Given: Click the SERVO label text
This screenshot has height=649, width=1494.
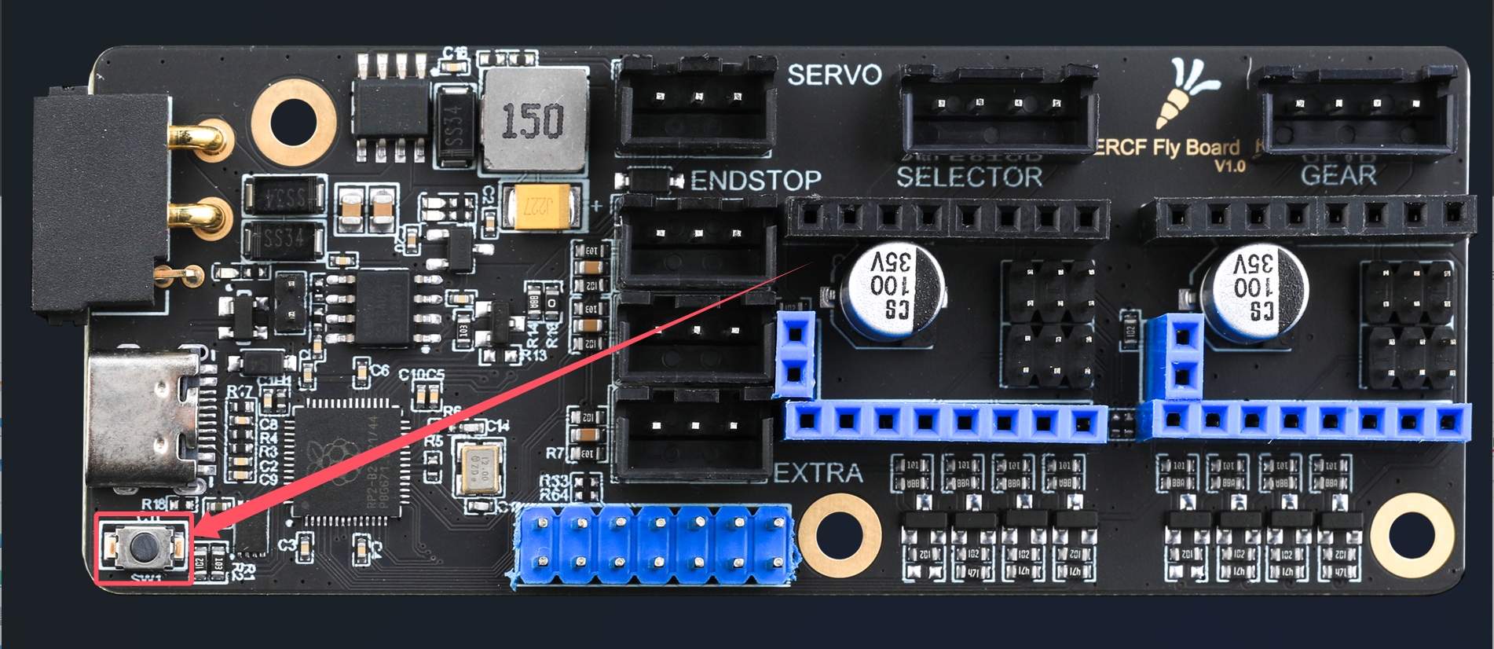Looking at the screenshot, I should [834, 75].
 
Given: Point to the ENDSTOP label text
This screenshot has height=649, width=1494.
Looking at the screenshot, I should [756, 181].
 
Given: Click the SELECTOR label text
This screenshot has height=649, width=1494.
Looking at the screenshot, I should [969, 178].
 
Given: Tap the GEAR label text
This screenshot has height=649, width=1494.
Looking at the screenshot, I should [1338, 175].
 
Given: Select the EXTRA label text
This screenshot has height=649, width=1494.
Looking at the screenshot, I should [818, 473].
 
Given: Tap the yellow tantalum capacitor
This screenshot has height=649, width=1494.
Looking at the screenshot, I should [542, 207].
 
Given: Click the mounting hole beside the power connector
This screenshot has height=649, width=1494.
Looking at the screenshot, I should [294, 123].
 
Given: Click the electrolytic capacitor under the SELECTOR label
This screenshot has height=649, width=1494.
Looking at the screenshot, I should [891, 291].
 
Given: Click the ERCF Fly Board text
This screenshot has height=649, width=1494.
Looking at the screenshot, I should [1167, 148].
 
